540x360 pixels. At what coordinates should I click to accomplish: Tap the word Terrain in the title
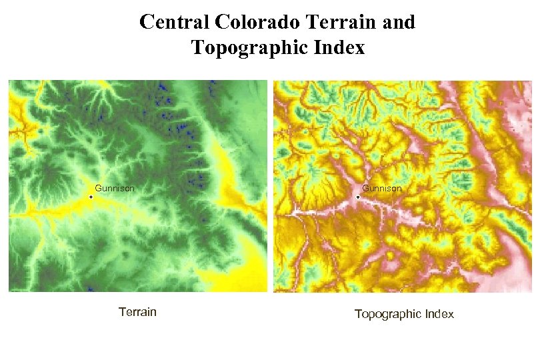pos(340,22)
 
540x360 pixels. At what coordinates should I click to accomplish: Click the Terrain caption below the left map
pos(137,311)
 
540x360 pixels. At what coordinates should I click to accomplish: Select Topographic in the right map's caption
pos(388,314)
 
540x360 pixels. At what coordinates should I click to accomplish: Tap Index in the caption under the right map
pos(439,313)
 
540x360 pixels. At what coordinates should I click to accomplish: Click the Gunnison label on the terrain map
pos(115,189)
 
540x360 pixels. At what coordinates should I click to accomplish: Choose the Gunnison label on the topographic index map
pos(382,189)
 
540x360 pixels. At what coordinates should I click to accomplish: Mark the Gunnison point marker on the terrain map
pos(91,197)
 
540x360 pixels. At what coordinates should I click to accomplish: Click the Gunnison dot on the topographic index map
pos(358,197)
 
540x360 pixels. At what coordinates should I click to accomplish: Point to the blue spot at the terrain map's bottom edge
pos(90,289)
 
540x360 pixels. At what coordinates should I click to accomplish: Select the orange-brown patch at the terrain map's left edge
pos(15,133)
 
